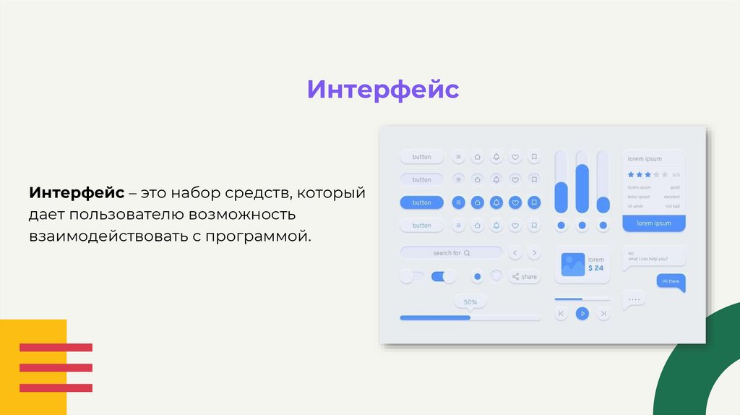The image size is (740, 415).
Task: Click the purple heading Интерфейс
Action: (x=383, y=90)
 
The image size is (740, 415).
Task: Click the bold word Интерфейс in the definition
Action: (x=77, y=194)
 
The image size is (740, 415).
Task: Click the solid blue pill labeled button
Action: (x=421, y=202)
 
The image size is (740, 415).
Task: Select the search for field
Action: (x=451, y=253)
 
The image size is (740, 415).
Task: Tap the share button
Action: (x=525, y=277)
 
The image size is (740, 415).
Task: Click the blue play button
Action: (x=582, y=313)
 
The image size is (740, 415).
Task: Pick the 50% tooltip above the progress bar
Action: (x=470, y=301)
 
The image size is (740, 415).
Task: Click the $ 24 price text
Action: (x=595, y=268)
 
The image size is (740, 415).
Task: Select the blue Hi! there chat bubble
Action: (x=670, y=281)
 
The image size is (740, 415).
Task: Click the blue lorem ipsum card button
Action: (x=653, y=223)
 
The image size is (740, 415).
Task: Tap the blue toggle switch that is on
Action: (x=443, y=276)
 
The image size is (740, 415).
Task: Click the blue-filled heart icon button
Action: (x=515, y=202)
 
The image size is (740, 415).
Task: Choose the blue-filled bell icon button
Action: (x=496, y=202)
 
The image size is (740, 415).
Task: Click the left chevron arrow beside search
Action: (x=515, y=253)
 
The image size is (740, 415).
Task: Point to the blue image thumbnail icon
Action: (x=572, y=264)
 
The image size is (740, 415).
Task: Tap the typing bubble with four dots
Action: (x=634, y=299)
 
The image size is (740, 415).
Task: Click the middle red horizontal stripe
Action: (x=56, y=367)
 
